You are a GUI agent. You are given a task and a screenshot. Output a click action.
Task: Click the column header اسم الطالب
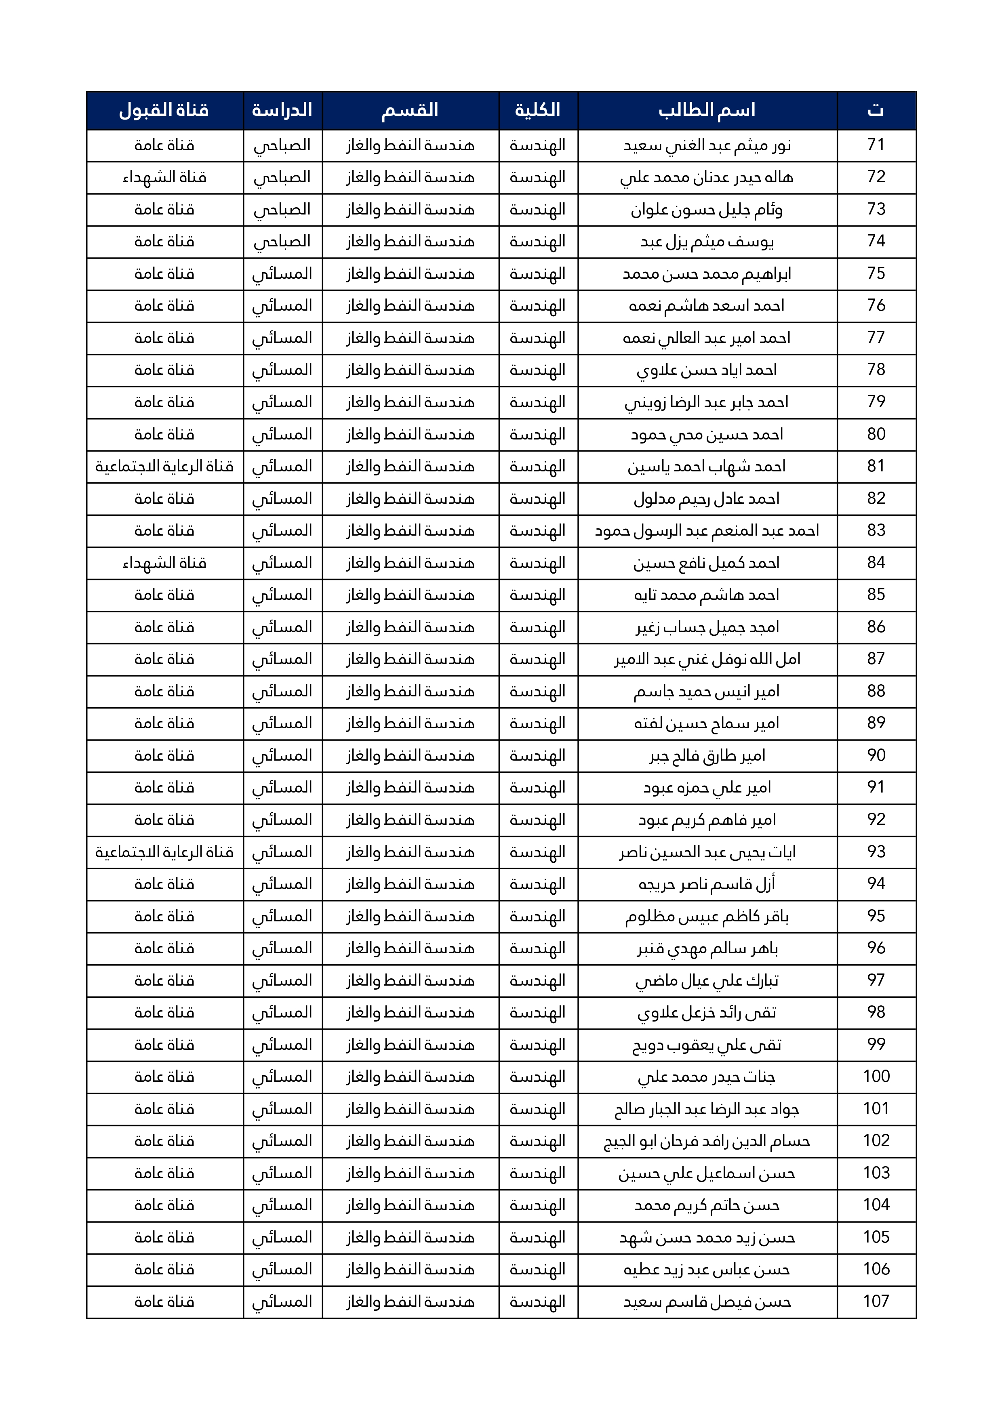[707, 110]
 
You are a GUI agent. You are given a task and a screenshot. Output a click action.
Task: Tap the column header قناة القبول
[164, 110]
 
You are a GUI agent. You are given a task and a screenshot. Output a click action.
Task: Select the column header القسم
[410, 110]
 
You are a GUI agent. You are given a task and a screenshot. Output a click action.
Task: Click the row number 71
[876, 145]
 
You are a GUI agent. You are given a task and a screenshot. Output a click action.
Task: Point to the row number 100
[876, 1076]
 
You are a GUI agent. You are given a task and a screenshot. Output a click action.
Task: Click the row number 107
[876, 1301]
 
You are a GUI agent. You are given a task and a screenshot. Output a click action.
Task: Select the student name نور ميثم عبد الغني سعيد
[707, 146]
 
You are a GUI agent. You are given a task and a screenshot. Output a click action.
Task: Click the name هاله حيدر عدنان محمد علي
[707, 178]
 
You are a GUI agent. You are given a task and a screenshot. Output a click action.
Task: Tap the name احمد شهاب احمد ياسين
[707, 467]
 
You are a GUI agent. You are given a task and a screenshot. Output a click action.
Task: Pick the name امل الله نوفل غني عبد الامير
[707, 659]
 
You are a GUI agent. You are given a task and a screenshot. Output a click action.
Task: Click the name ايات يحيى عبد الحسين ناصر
[707, 852]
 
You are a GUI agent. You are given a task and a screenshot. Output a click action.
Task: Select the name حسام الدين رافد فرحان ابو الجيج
[707, 1141]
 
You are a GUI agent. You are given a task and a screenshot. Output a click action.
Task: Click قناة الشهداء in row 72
[164, 178]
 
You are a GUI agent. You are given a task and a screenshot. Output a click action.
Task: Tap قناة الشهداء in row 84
[164, 563]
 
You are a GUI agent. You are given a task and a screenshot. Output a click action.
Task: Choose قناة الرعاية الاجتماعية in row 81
[164, 467]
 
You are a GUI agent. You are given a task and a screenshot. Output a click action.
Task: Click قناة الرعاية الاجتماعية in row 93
[164, 852]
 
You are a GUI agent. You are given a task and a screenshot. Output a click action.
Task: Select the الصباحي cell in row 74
[282, 242]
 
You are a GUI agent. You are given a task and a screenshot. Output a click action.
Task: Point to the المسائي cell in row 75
[282, 274]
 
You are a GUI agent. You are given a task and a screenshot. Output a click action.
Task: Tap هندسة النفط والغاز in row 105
[410, 1237]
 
